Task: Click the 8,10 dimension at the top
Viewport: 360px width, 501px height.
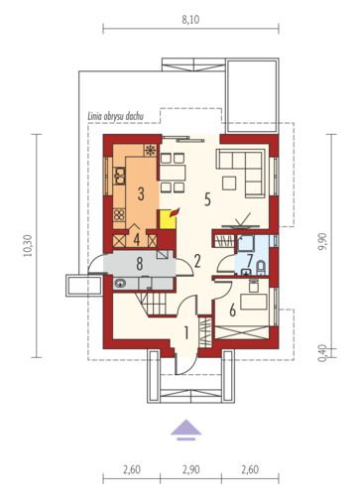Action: [x=190, y=20]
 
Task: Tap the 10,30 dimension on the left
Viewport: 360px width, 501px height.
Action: [x=28, y=246]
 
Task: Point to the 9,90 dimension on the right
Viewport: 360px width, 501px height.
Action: [x=322, y=241]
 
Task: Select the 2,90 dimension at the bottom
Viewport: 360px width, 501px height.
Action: [x=190, y=469]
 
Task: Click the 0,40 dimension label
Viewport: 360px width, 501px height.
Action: [x=322, y=353]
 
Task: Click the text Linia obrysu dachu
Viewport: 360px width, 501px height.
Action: [x=116, y=116]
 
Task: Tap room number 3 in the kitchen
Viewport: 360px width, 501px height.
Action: [x=141, y=193]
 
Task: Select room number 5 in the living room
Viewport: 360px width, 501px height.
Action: [x=207, y=199]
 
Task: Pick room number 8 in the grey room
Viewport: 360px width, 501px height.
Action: [x=140, y=264]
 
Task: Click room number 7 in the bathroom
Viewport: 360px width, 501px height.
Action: [x=250, y=260]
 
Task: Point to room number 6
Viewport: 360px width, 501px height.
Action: [x=233, y=311]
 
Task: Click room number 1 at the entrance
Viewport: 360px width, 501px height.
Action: [x=186, y=332]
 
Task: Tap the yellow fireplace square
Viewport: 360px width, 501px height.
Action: [x=168, y=219]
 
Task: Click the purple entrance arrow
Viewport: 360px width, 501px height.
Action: [x=186, y=430]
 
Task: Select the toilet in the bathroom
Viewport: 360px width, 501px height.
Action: [x=261, y=269]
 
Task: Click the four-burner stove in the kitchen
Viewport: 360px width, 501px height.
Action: [x=119, y=215]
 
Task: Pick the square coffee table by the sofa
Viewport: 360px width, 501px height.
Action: [x=229, y=184]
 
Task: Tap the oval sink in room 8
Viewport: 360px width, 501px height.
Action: [x=120, y=283]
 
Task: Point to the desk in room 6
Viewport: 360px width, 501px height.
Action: [x=254, y=302]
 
